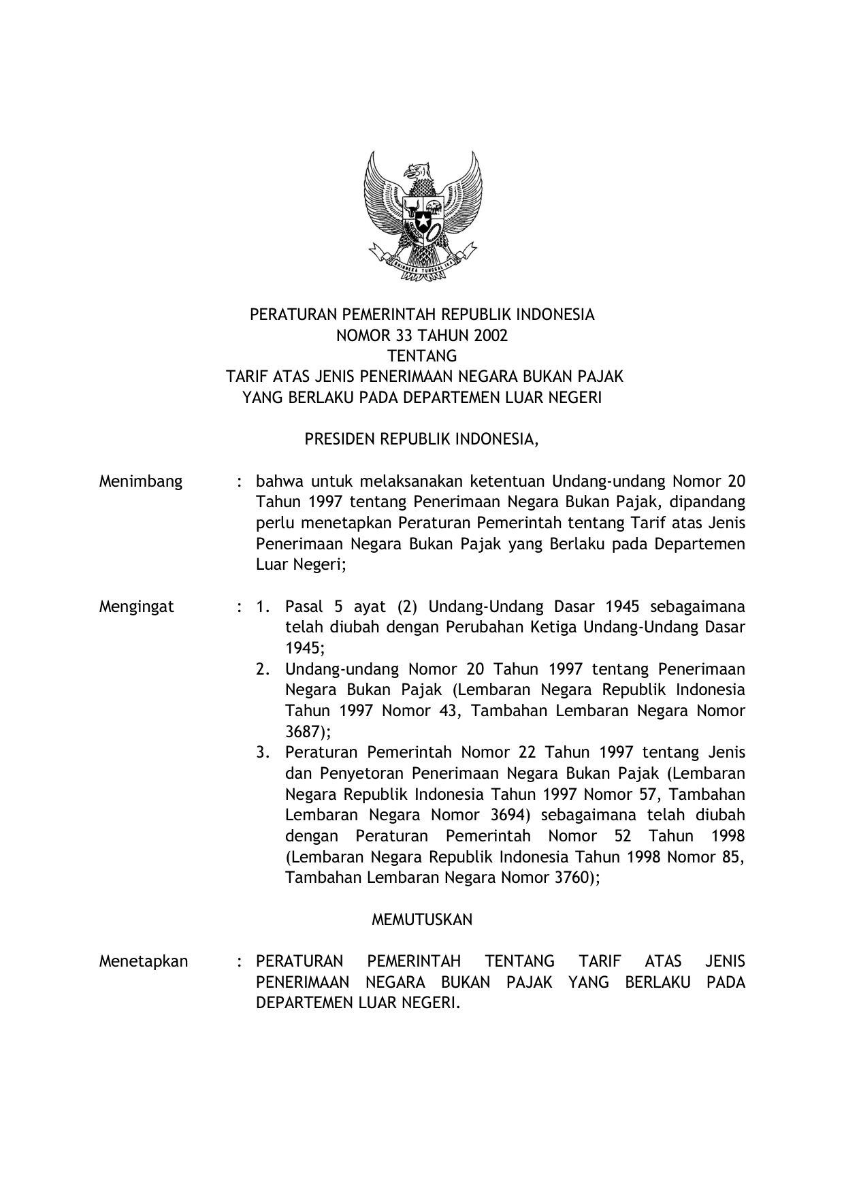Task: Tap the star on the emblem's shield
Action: pos(422,219)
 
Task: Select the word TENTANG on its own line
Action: pos(422,356)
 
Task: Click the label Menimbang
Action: pos(141,482)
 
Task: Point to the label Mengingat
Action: pos(136,607)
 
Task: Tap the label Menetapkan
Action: pos(144,961)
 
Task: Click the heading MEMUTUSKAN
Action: pos(422,920)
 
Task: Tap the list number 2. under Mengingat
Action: pos(264,669)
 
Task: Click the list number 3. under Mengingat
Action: pos(264,753)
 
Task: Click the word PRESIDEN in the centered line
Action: pos(338,440)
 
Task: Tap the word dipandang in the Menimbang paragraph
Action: pos(709,502)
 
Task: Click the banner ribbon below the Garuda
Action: pos(422,269)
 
